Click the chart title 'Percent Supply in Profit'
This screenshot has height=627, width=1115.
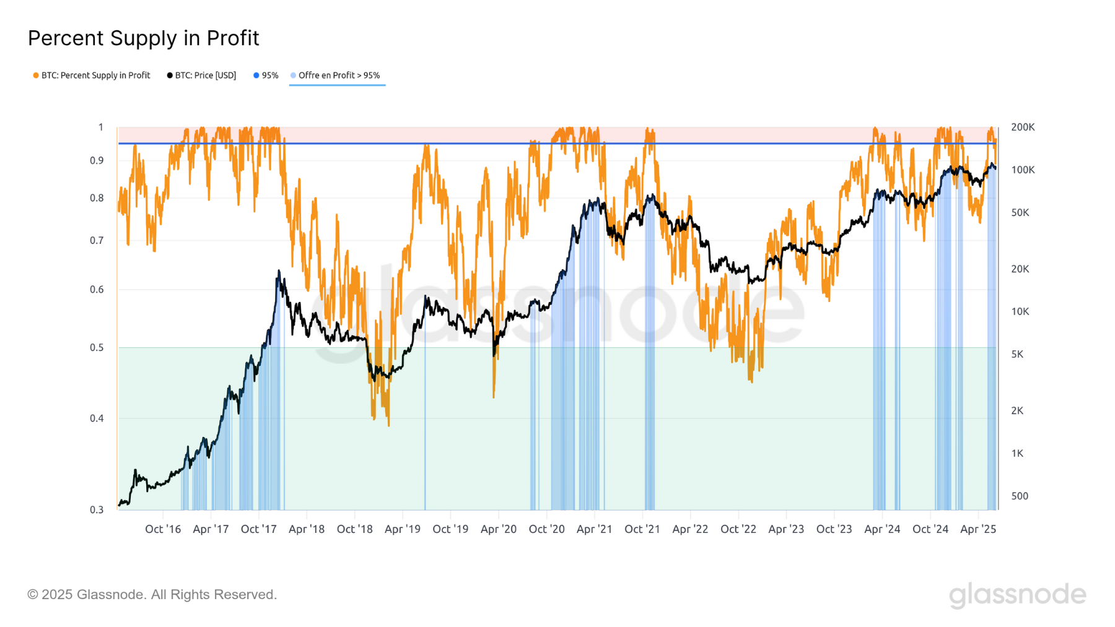143,38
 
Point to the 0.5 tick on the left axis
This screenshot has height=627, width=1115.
97,348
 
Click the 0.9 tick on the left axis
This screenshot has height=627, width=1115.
97,161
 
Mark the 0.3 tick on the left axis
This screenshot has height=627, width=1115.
97,510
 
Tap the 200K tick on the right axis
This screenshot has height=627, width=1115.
1023,128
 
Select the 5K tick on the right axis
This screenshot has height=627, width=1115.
1017,355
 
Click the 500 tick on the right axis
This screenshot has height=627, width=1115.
1020,496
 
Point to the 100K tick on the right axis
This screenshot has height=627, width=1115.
1023,170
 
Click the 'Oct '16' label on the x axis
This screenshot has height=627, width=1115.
163,529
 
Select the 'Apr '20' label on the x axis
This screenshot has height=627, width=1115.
499,529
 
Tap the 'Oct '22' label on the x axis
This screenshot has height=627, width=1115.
738,529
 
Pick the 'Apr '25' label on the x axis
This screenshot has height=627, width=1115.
978,529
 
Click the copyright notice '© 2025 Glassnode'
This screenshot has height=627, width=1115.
152,595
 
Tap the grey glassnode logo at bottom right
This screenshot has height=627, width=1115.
1017,595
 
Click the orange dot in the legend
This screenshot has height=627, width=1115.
36,76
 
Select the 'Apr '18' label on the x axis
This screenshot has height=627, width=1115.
307,529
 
